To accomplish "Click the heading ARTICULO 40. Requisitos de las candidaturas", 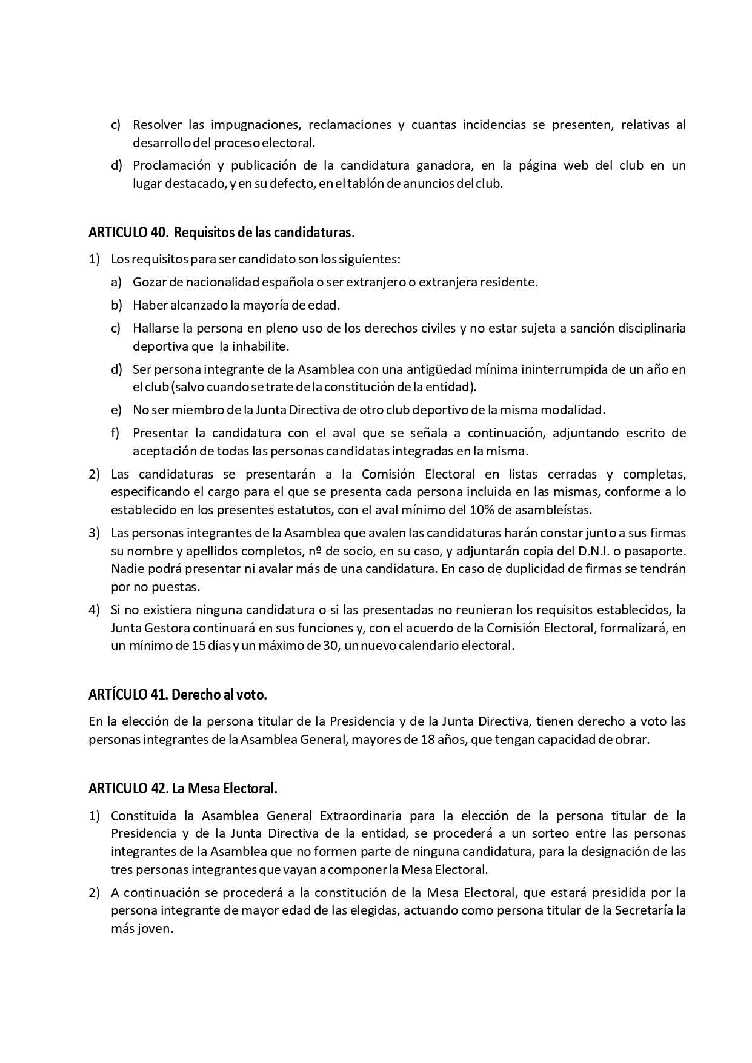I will [x=221, y=233].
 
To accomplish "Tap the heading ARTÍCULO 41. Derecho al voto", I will [x=178, y=695].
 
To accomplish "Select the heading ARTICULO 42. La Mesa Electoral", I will [x=182, y=789].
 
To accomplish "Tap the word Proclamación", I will [x=172, y=165].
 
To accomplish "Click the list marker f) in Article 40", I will [x=116, y=433].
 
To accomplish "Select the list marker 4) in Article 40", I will [x=94, y=609].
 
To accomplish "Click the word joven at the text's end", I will [x=159, y=928].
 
